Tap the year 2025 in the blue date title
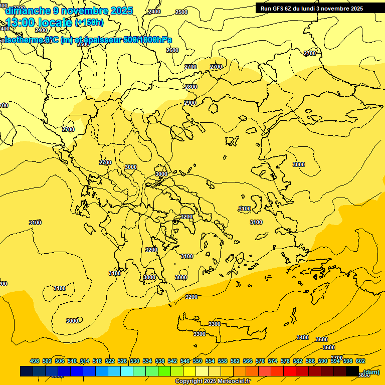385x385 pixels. [x=121, y=11]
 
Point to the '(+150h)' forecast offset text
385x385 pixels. [x=89, y=22]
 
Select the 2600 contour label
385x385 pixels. [x=172, y=50]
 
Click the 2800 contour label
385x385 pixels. [x=191, y=87]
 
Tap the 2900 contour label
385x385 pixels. [x=189, y=103]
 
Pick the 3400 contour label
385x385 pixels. [x=303, y=337]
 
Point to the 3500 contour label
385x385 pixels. [x=322, y=340]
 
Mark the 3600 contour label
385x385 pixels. [x=329, y=347]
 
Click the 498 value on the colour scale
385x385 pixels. [x=35, y=361]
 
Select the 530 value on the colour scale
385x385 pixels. [x=135, y=361]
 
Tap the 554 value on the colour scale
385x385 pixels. [x=210, y=361]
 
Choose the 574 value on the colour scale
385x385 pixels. [x=273, y=361]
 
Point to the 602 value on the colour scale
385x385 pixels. [x=360, y=361]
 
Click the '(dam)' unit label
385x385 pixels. [x=371, y=372]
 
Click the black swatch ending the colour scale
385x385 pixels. [x=352, y=371]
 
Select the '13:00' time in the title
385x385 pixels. [x=22, y=22]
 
